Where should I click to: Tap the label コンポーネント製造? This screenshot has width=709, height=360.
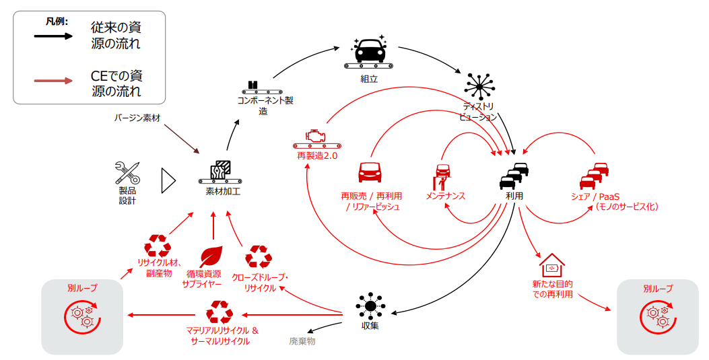click(265, 105)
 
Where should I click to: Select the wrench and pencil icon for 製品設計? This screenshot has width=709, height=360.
click(127, 173)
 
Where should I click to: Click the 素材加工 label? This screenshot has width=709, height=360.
click(223, 191)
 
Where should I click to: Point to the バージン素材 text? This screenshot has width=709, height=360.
click(137, 118)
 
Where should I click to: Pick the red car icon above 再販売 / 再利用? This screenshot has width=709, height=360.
click(370, 172)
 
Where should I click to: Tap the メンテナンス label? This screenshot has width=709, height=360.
click(445, 196)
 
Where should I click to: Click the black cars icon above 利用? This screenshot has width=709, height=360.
click(514, 175)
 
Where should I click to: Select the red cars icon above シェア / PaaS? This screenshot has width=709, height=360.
click(594, 175)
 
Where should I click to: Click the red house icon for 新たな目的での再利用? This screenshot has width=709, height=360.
click(552, 265)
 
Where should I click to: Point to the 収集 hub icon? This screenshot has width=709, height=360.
click(370, 306)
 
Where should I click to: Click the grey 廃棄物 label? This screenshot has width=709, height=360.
click(302, 341)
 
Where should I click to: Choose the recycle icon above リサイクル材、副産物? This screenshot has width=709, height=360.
click(158, 246)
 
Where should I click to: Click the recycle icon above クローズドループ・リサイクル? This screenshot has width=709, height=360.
click(258, 257)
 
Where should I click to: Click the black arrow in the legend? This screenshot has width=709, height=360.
click(53, 36)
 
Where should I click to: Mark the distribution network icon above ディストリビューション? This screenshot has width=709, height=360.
click(479, 86)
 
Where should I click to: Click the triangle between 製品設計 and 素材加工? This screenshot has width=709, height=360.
click(168, 181)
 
